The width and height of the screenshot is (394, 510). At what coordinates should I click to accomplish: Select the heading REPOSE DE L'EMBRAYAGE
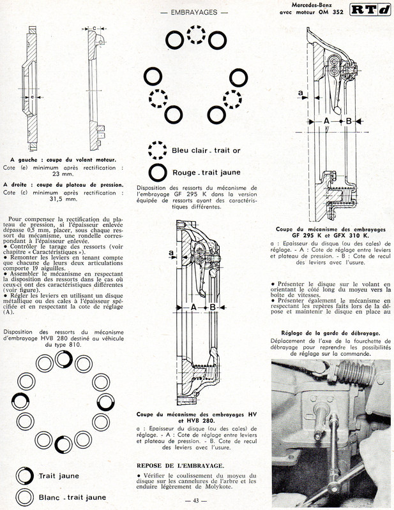tap(181, 465)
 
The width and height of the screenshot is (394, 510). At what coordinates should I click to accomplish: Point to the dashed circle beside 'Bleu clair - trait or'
tap(156, 150)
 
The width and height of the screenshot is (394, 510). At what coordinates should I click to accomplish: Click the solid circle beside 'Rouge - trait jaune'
tap(156, 173)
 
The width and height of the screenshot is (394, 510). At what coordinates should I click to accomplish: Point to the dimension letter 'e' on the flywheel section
tap(33, 97)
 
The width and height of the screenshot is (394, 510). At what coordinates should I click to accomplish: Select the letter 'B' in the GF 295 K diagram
tap(349, 120)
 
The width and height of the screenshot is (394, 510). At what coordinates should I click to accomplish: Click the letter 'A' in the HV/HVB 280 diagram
tap(192, 307)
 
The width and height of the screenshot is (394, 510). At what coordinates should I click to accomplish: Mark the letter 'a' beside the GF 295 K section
tap(300, 93)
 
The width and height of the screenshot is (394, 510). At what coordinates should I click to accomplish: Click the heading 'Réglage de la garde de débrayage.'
tap(330, 333)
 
